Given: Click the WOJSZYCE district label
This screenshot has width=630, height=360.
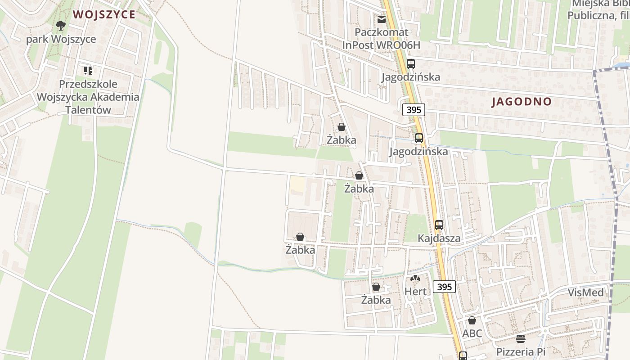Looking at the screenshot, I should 104,14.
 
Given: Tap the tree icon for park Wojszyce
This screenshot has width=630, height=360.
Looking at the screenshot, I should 61,26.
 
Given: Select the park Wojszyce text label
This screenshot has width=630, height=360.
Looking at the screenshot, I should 61,39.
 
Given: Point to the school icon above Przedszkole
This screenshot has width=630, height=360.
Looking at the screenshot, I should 88,70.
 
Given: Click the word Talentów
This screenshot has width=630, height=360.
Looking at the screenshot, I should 88,110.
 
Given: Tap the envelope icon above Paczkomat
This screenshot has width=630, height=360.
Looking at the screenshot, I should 382,19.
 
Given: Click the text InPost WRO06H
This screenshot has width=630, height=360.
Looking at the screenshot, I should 381,45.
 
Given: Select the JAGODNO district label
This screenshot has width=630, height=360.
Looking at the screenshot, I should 522,101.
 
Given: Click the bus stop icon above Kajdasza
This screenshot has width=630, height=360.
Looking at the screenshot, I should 439,225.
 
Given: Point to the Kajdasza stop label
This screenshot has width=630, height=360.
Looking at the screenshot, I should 439,238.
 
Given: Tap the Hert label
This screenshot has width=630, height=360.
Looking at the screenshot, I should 415,291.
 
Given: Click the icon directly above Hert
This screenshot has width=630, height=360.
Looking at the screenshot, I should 415,279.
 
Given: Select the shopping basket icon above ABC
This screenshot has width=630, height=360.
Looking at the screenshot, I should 472,320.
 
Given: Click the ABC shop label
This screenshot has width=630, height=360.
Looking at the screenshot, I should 472,333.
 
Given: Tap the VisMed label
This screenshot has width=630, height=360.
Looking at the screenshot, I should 585,292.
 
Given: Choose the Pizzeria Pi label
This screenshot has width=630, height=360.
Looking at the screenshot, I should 521,351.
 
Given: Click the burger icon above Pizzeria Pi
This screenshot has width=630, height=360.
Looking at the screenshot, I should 521,338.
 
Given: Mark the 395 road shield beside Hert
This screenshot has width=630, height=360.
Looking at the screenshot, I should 444,287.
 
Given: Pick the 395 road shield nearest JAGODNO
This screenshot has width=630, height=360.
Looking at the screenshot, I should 414,110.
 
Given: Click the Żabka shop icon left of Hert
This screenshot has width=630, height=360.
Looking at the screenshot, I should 376,287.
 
